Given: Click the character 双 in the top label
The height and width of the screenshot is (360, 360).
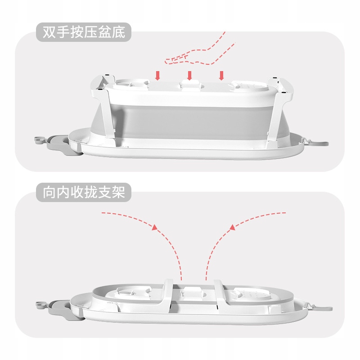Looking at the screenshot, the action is (x=49, y=32).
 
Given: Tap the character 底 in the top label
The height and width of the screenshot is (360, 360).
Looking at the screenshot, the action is (x=119, y=32).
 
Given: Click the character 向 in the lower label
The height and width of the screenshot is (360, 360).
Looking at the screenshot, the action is (x=49, y=193).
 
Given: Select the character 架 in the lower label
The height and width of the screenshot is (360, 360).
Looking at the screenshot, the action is (x=119, y=193).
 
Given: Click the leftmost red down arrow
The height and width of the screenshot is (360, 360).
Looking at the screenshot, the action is (x=157, y=76).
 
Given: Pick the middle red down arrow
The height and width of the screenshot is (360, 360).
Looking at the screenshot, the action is (x=189, y=76).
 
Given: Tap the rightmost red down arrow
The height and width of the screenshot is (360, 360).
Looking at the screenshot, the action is (x=221, y=76).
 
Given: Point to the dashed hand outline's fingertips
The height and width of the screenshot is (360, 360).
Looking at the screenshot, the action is (x=166, y=61).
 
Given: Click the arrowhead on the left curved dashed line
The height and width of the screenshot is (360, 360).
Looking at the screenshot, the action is (x=155, y=227).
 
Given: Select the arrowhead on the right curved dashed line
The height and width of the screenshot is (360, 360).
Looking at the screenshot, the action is (x=232, y=227).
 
